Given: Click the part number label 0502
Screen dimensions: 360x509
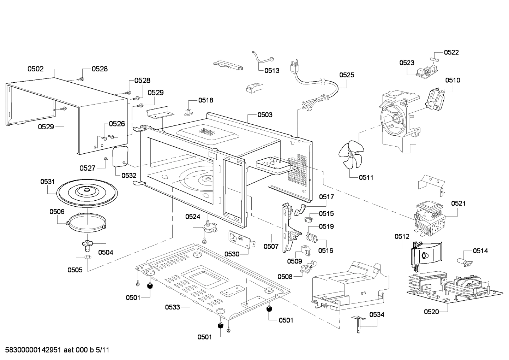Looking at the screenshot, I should click(35, 69).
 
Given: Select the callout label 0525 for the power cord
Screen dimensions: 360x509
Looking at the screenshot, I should click(347, 75).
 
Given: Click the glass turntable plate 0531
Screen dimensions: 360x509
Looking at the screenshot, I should click(86, 192).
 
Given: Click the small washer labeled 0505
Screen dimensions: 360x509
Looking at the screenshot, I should click(88, 256).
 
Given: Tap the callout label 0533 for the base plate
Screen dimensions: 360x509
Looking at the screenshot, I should click(173, 307).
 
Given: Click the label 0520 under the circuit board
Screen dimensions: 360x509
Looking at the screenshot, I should click(431, 312).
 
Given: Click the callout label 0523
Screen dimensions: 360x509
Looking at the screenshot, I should click(407, 63).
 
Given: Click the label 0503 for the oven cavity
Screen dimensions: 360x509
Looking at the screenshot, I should click(265, 114).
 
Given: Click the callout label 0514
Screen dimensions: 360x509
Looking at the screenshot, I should click(480, 251).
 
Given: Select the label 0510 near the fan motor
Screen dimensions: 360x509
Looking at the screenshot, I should click(453, 80).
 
